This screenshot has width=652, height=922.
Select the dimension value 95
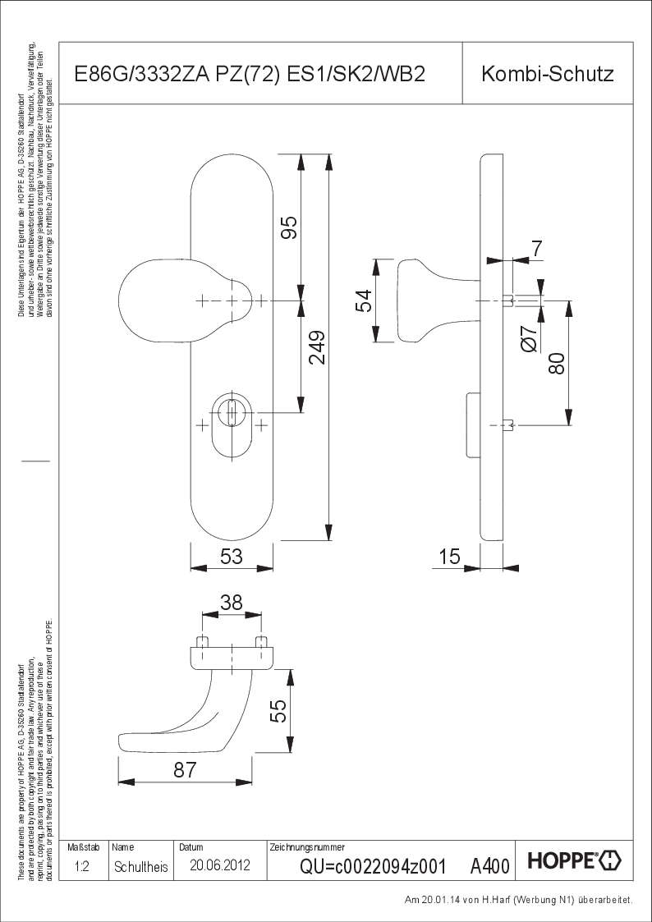[x=289, y=227]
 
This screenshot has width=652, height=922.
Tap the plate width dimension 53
[x=232, y=557]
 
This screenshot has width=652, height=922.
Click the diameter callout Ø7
[x=530, y=339]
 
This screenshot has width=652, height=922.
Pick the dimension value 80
[x=557, y=363]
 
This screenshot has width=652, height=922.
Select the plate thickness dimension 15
[x=449, y=557]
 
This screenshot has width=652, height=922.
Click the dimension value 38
[x=232, y=603]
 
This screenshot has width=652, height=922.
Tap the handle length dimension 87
[x=185, y=769]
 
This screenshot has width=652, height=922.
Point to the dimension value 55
[x=278, y=709]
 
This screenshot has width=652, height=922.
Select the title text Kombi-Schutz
[x=548, y=75]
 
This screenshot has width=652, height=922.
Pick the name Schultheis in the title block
[x=141, y=866]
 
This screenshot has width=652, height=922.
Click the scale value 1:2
[x=82, y=866]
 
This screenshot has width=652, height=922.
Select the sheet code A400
[x=489, y=866]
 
